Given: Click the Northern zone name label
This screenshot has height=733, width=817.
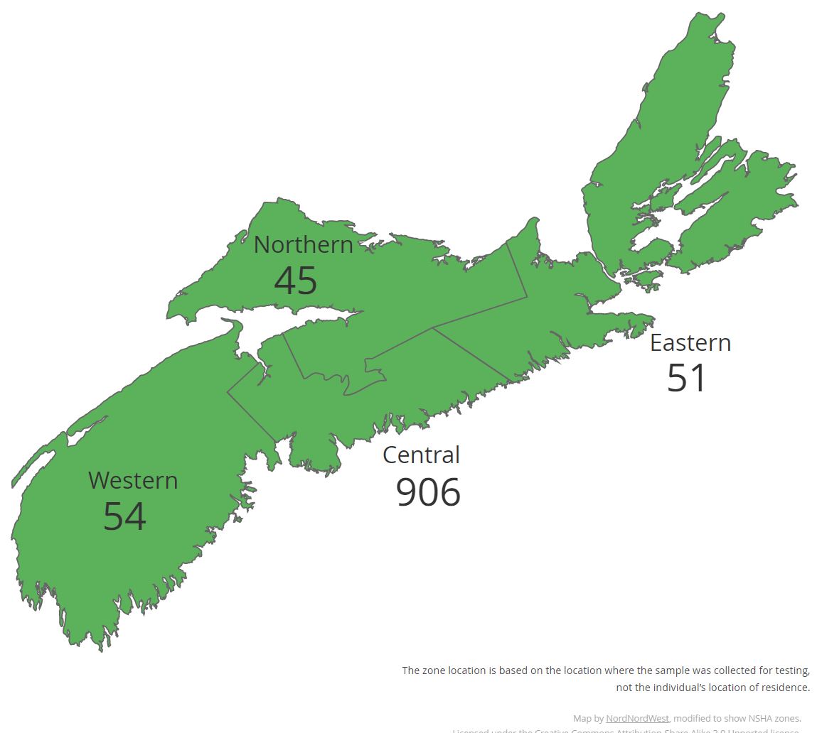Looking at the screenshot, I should (x=303, y=244).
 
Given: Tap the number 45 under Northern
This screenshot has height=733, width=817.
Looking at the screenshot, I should (x=295, y=281).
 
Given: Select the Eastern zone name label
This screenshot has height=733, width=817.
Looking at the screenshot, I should (x=690, y=342).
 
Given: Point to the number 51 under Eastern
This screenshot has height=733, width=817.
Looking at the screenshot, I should (x=686, y=378).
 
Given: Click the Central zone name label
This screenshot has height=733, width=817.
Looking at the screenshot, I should (x=421, y=455).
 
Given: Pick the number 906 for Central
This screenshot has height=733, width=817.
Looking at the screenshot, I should (x=427, y=492).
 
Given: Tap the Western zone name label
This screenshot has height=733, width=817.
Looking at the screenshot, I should (x=133, y=480).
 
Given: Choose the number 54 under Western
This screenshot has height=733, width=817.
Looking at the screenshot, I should (x=124, y=516).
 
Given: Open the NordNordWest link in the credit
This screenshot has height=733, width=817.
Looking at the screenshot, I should (x=637, y=718).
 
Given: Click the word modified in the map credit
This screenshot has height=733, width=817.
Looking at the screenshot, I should (x=694, y=718).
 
